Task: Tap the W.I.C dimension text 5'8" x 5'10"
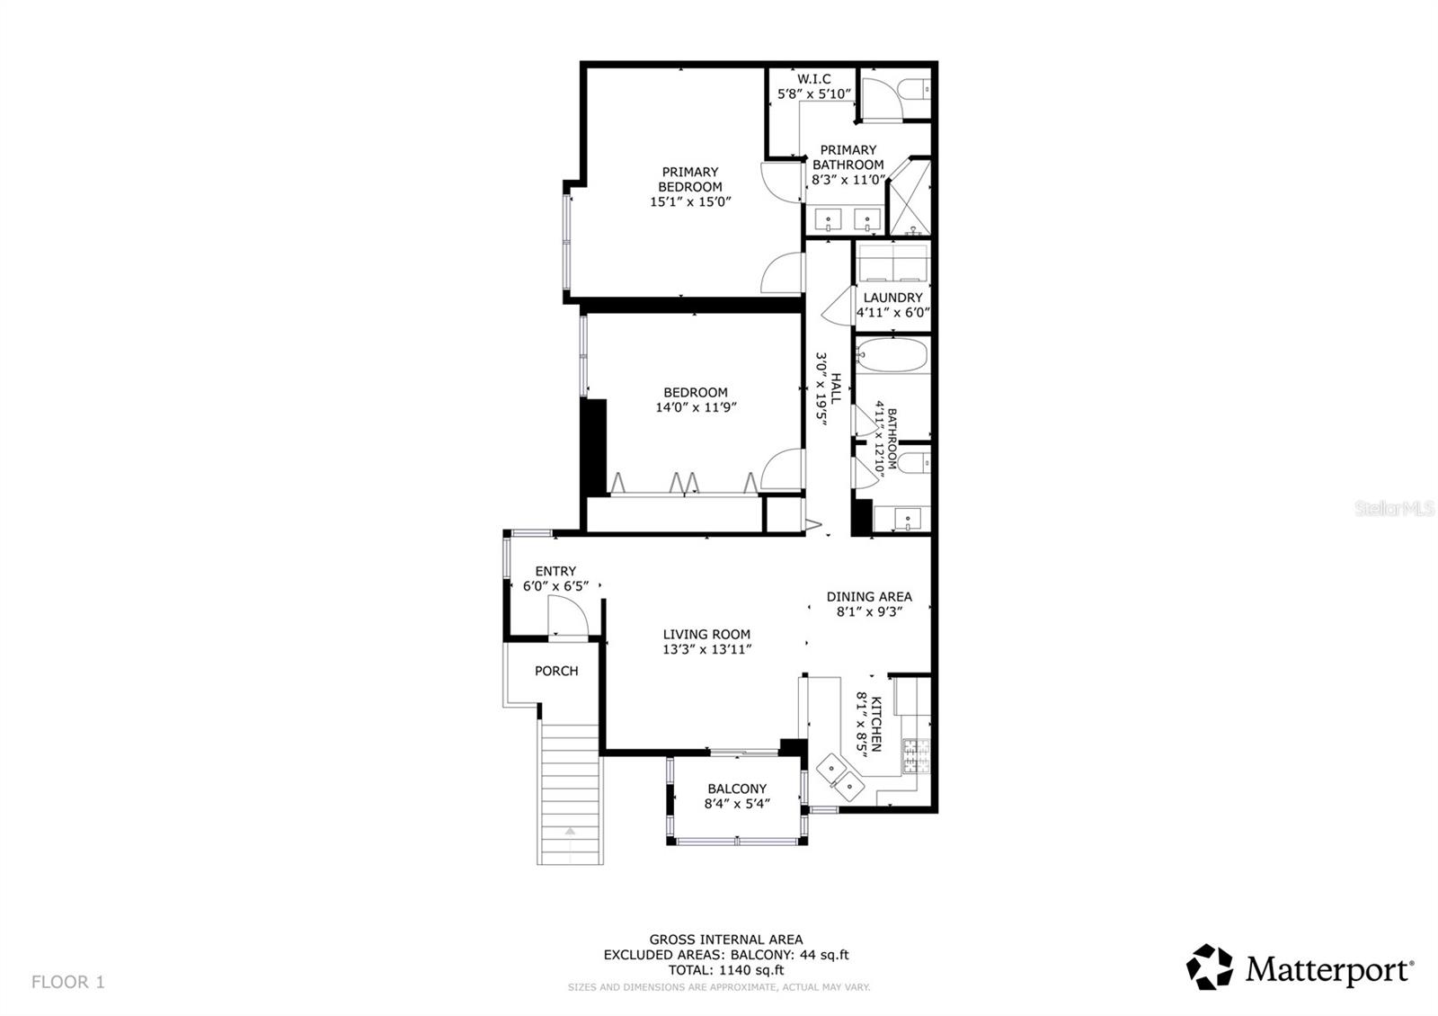pyautogui.click(x=813, y=94)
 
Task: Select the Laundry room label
pyautogui.click(x=892, y=298)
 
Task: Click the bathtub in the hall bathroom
pyautogui.click(x=891, y=356)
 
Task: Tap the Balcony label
pyautogui.click(x=737, y=789)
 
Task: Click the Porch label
pyautogui.click(x=556, y=671)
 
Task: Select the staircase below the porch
pyautogui.click(x=570, y=791)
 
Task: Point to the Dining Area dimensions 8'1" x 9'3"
pyautogui.click(x=869, y=611)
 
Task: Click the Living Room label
pyautogui.click(x=706, y=634)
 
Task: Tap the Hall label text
pyautogui.click(x=835, y=388)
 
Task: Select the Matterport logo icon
pyautogui.click(x=1210, y=967)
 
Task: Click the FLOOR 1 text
pyautogui.click(x=68, y=982)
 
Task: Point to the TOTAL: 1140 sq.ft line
pyautogui.click(x=726, y=970)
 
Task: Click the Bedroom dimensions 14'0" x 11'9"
pyautogui.click(x=697, y=407)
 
